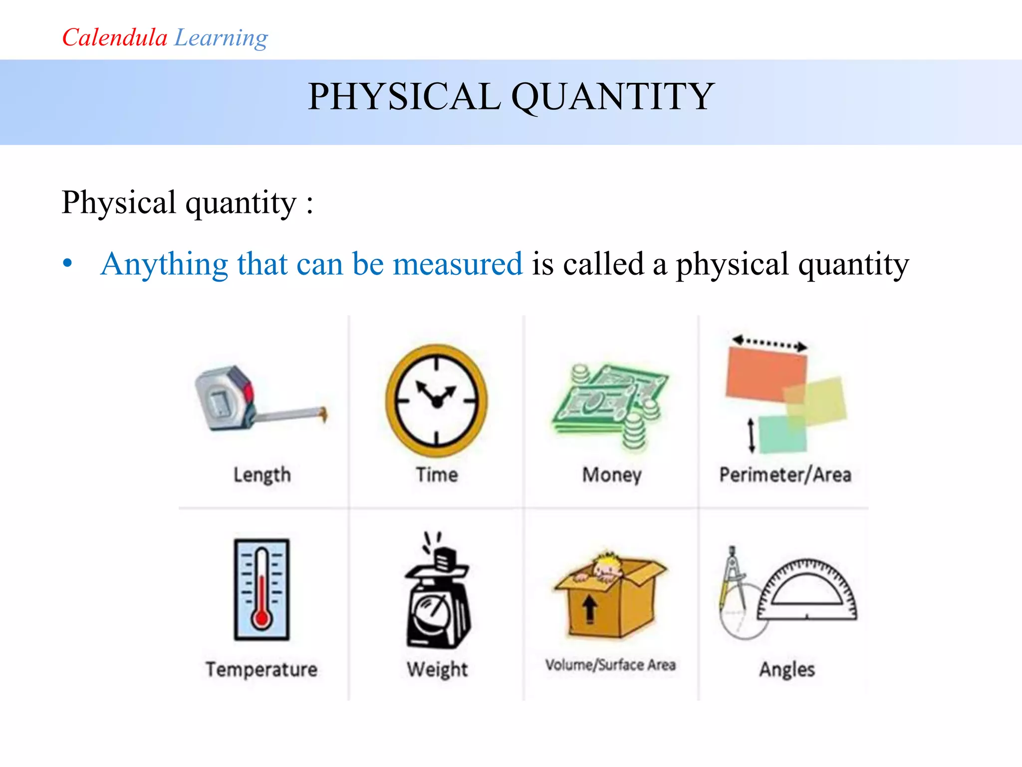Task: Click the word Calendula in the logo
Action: [114, 38]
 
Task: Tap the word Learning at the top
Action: [221, 38]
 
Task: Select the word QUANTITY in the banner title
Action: [613, 96]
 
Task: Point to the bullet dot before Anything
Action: [68, 263]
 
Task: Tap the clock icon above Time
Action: [437, 400]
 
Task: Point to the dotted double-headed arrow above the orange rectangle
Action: [769, 343]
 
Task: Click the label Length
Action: [262, 475]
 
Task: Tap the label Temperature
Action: [261, 669]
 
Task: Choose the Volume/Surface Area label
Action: [610, 665]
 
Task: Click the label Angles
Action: [787, 669]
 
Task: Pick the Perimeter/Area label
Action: [785, 475]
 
